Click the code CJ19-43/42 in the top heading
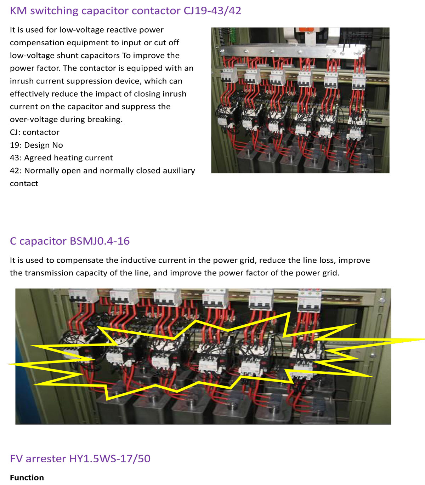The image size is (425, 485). click(212, 11)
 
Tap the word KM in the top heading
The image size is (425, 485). click(18, 11)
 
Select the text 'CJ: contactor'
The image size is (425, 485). click(35, 132)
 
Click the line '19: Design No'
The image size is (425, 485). click(36, 145)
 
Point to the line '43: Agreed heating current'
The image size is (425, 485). click(61, 158)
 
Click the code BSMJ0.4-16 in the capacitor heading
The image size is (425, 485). click(100, 241)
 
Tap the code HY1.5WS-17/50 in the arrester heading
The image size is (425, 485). click(110, 459)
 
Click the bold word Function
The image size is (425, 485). click(27, 478)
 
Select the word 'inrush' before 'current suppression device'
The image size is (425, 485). click(21, 81)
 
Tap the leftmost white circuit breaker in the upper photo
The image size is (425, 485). click(229, 76)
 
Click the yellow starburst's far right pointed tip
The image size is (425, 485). click(425, 340)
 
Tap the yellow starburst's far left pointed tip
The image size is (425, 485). click(7, 364)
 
